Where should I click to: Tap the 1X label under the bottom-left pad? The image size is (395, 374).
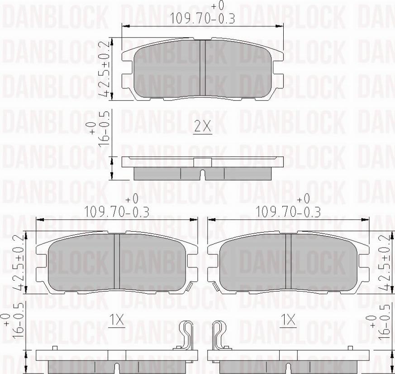point(117,320)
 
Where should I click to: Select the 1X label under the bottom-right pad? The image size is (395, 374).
point(288,320)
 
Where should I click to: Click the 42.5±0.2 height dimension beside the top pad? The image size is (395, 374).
point(104,68)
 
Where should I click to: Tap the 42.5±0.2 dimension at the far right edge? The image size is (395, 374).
point(385,263)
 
